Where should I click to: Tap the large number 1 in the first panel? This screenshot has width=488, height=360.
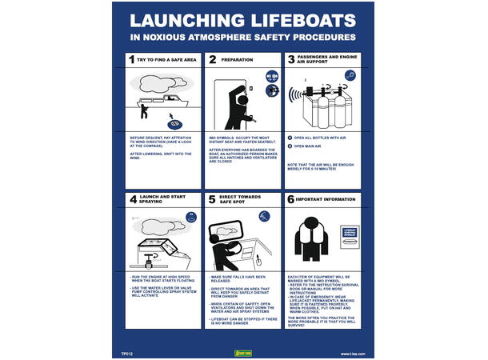coord(131,59)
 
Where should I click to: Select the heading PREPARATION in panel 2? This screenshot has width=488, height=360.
coord(238,60)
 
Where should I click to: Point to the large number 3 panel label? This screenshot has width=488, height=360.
coord(290,60)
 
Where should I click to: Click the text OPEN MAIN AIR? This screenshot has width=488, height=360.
coord(314,147)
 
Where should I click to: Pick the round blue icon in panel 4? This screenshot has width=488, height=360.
coord(191,216)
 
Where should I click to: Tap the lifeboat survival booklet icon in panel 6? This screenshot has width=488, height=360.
coord(349,234)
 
